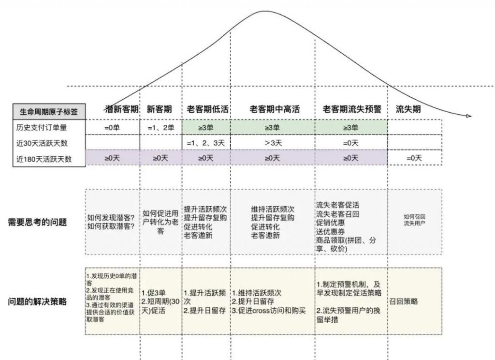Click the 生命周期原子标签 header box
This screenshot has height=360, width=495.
click(49, 111)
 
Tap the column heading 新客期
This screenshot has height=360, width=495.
click(160, 109)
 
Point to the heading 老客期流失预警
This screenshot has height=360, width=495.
click(352, 109)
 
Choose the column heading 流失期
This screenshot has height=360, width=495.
click(408, 109)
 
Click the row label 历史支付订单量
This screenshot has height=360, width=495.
click(42, 128)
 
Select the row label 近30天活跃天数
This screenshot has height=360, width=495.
click(42, 143)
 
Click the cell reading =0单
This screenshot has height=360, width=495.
click(113, 128)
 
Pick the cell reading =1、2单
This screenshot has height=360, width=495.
click(160, 128)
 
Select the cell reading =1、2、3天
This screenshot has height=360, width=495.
click(206, 143)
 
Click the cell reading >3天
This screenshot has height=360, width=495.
click(273, 143)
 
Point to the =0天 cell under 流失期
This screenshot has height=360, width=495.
click(414, 158)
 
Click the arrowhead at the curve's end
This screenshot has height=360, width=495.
click(468, 116)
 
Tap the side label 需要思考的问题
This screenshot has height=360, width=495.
click(37, 222)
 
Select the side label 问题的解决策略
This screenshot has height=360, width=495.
click(37, 301)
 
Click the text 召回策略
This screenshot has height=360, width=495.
click(403, 301)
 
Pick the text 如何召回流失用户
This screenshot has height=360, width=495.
click(414, 221)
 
